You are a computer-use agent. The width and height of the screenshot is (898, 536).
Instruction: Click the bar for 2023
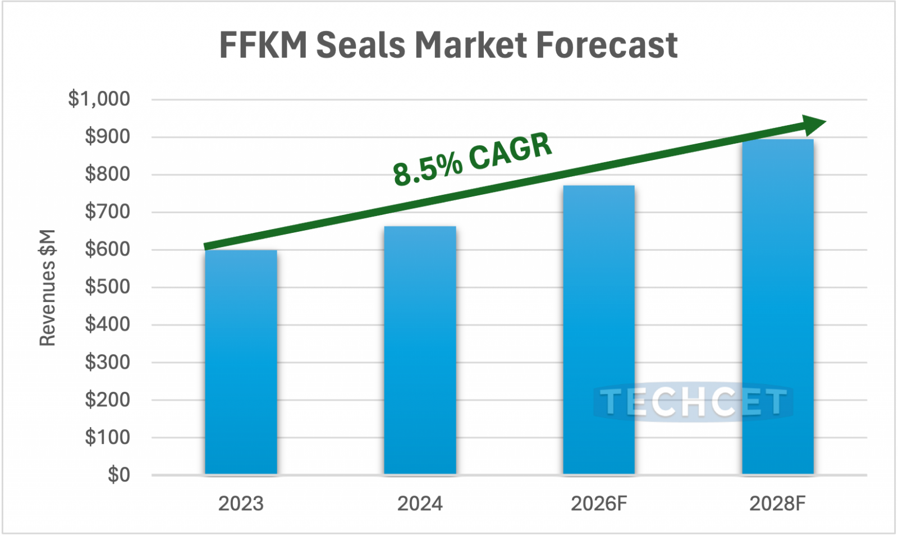241,362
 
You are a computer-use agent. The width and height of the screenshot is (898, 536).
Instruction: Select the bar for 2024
420,350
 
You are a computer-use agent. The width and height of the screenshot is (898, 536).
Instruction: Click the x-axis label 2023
241,503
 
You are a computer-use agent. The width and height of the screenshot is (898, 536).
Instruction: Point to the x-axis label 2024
420,503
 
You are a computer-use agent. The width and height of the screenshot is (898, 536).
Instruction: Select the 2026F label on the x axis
598,503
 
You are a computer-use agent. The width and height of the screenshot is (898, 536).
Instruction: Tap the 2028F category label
777,503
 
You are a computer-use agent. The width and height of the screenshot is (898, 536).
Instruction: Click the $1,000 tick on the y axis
99,99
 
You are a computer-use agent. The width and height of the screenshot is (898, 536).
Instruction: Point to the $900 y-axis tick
107,136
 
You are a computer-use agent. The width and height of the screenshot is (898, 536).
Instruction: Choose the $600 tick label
107,249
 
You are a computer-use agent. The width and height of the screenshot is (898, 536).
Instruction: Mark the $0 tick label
118,475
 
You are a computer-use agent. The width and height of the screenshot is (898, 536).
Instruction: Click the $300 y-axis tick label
107,362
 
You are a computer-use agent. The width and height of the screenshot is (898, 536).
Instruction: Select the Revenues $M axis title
48,287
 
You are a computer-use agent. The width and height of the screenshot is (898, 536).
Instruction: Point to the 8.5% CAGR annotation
472,159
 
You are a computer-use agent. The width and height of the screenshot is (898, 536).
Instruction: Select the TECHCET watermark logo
693,402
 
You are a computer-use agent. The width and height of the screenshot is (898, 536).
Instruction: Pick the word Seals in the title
360,45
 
